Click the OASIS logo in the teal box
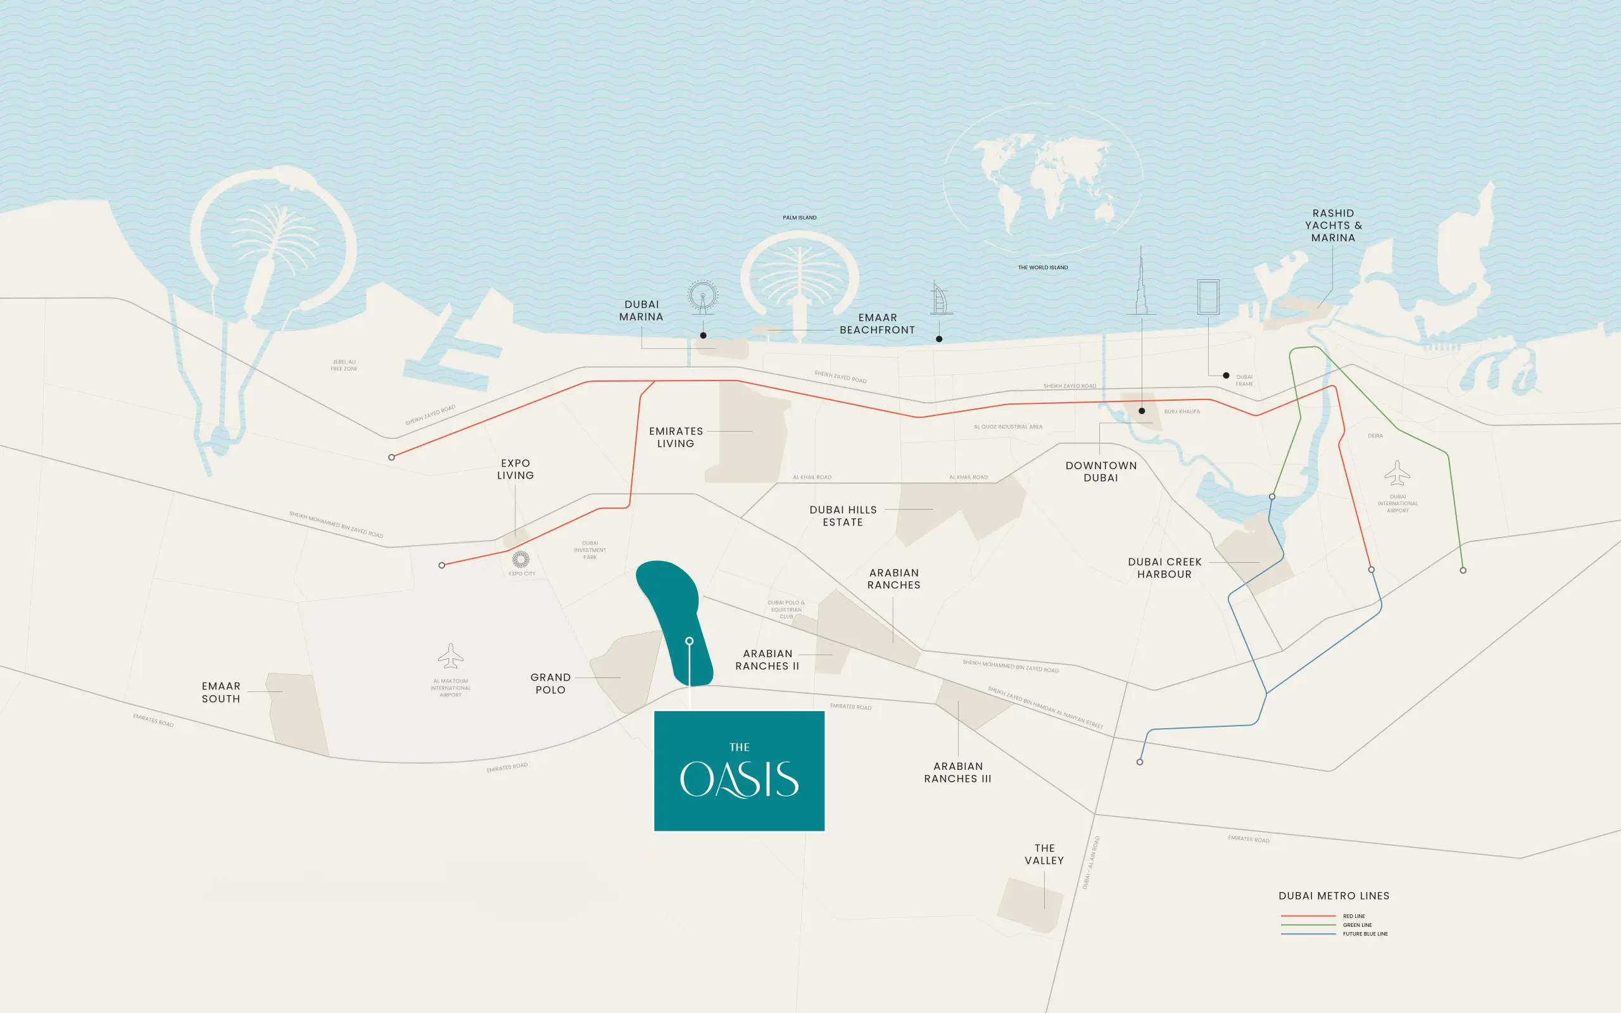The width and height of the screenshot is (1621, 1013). point(739,777)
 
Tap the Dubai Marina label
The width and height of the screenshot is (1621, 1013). point(641,311)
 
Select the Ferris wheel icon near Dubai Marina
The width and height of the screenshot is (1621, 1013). point(702,296)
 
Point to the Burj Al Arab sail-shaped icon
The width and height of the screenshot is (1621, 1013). point(940,299)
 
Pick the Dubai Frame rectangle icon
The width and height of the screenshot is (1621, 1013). point(1208,297)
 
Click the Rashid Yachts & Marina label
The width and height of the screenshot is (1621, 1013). point(1333,226)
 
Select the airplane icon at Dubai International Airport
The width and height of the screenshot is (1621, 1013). point(1397,473)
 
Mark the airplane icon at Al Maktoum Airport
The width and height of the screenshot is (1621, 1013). point(451,656)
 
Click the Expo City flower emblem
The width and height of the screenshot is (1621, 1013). point(520,559)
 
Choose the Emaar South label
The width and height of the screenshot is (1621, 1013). point(221,692)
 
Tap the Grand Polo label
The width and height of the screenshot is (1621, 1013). point(551,683)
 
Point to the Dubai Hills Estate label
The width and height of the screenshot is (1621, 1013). point(843,516)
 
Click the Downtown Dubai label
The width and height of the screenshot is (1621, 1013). point(1101,472)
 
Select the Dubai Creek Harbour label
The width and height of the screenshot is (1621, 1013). point(1164,568)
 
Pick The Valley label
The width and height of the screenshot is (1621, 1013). point(1044,854)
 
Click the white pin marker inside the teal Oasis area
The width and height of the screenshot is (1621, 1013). point(690,641)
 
